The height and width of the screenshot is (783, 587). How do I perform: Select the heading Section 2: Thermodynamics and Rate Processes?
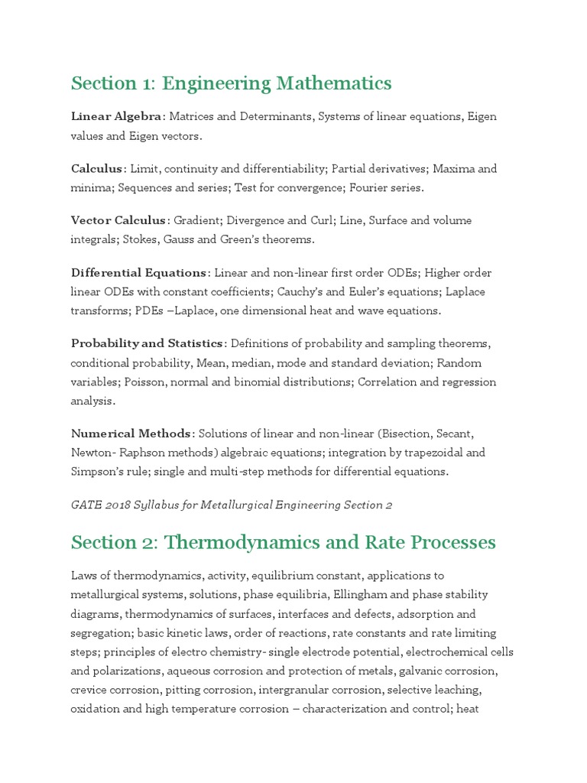pyautogui.click(x=283, y=542)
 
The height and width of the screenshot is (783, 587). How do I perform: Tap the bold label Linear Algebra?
pyautogui.click(x=116, y=116)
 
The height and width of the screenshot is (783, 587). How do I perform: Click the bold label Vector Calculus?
pyautogui.click(x=118, y=220)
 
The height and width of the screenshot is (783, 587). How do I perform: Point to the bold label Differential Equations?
pyautogui.click(x=138, y=273)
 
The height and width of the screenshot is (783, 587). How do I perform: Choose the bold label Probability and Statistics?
pyautogui.click(x=147, y=343)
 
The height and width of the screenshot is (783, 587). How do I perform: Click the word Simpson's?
pyautogui.click(x=97, y=472)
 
